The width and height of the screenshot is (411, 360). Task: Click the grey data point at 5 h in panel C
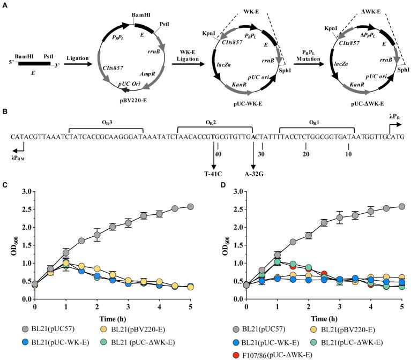[191, 206]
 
